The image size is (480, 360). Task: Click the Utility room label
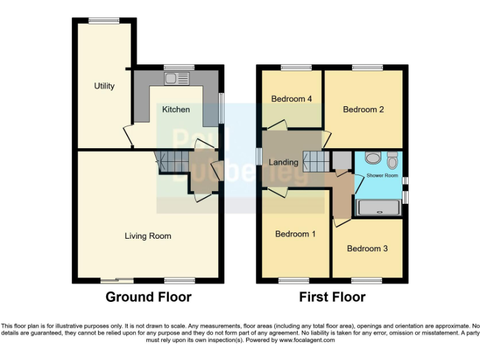[x=104, y=86]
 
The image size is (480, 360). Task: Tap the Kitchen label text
[x=176, y=109]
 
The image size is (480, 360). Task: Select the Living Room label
[x=147, y=236]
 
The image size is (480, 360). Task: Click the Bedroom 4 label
[x=291, y=99]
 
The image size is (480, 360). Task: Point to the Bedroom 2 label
[x=363, y=109]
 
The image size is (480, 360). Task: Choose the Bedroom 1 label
[x=295, y=234]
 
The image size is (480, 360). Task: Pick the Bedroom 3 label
[x=367, y=248]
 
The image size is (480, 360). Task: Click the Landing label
[x=283, y=162]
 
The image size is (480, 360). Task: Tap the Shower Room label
[x=382, y=176]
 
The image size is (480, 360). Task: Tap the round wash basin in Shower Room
[x=372, y=158]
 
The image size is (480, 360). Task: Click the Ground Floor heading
[x=148, y=297]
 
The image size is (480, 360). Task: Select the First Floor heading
[x=332, y=297]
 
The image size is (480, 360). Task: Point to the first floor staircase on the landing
[x=316, y=161]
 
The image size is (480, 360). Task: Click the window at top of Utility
[x=104, y=21]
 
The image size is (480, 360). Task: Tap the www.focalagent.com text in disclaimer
[x=308, y=341]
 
